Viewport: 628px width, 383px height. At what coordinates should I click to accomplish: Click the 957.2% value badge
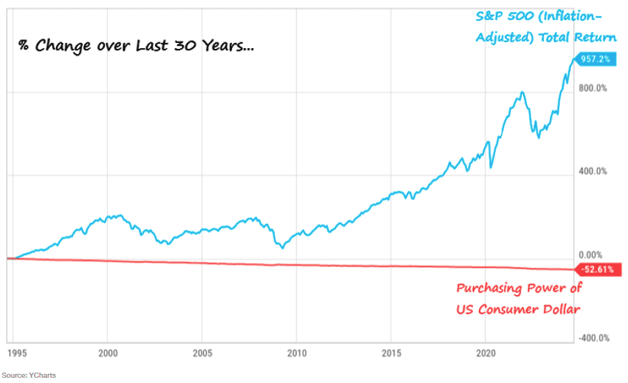tap(595, 59)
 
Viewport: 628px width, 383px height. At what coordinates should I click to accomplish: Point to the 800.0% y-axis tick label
tap(593, 89)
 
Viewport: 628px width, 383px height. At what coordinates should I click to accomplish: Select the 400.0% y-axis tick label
tap(593, 172)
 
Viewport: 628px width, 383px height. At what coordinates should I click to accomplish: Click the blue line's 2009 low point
tap(283, 248)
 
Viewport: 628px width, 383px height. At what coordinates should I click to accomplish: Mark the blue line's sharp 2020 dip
tap(491, 167)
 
